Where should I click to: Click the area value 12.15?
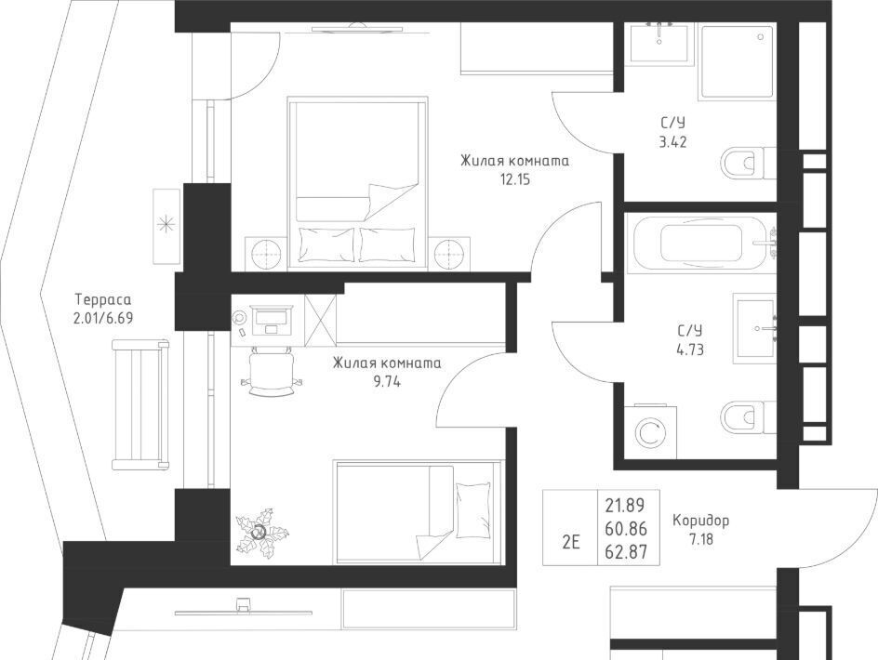point(515,179)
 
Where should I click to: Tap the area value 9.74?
point(387,382)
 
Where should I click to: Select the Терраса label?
point(103,299)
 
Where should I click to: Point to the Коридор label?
point(700,521)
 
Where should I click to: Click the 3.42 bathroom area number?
point(672,142)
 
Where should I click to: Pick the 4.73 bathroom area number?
point(690,350)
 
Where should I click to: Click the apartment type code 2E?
point(570,542)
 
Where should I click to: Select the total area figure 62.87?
point(626,552)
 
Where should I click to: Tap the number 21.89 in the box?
point(625,506)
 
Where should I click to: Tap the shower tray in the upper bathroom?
point(737,61)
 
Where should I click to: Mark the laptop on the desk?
point(271,320)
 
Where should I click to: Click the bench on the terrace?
point(140,404)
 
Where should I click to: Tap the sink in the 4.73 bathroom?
point(755,328)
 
